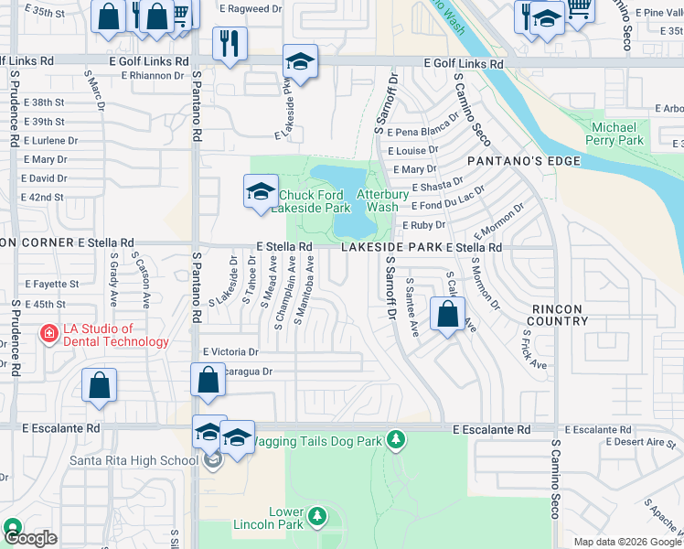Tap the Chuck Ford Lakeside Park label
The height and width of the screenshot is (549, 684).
point(315,201)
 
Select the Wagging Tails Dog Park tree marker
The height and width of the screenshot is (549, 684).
point(395,441)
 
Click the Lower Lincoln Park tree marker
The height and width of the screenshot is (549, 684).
point(317,517)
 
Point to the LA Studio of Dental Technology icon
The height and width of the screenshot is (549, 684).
point(48,335)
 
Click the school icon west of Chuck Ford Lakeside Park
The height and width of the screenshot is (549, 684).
point(261,191)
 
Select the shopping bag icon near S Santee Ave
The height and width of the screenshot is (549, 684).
point(447,316)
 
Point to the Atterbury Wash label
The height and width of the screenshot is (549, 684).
point(377,201)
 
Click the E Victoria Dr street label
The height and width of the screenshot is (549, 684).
point(231,351)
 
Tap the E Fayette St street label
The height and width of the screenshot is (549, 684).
point(51,285)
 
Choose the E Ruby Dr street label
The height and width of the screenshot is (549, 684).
point(422,225)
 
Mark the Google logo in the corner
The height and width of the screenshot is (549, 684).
point(31,539)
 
